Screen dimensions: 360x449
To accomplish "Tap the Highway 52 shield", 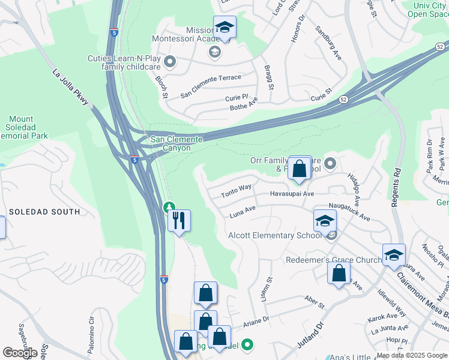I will (x=343, y=100).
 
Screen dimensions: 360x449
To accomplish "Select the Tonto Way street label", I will (x=236, y=191).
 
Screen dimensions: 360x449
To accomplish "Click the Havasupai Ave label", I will (x=292, y=194).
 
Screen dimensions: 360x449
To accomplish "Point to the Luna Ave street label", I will (x=243, y=212).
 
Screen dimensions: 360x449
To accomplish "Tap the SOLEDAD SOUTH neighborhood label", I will (x=44, y=212).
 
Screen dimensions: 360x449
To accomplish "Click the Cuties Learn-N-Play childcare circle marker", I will (x=170, y=61).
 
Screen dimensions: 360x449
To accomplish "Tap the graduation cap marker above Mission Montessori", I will (x=224, y=28).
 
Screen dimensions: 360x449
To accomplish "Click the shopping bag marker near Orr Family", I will (x=300, y=169).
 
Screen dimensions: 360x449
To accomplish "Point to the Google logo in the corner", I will (x=20, y=353).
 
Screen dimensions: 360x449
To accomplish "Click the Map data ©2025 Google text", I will (x=411, y=355).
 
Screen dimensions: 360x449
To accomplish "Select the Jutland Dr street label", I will (x=310, y=343).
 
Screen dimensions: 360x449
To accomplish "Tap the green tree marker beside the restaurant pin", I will (x=169, y=208).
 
